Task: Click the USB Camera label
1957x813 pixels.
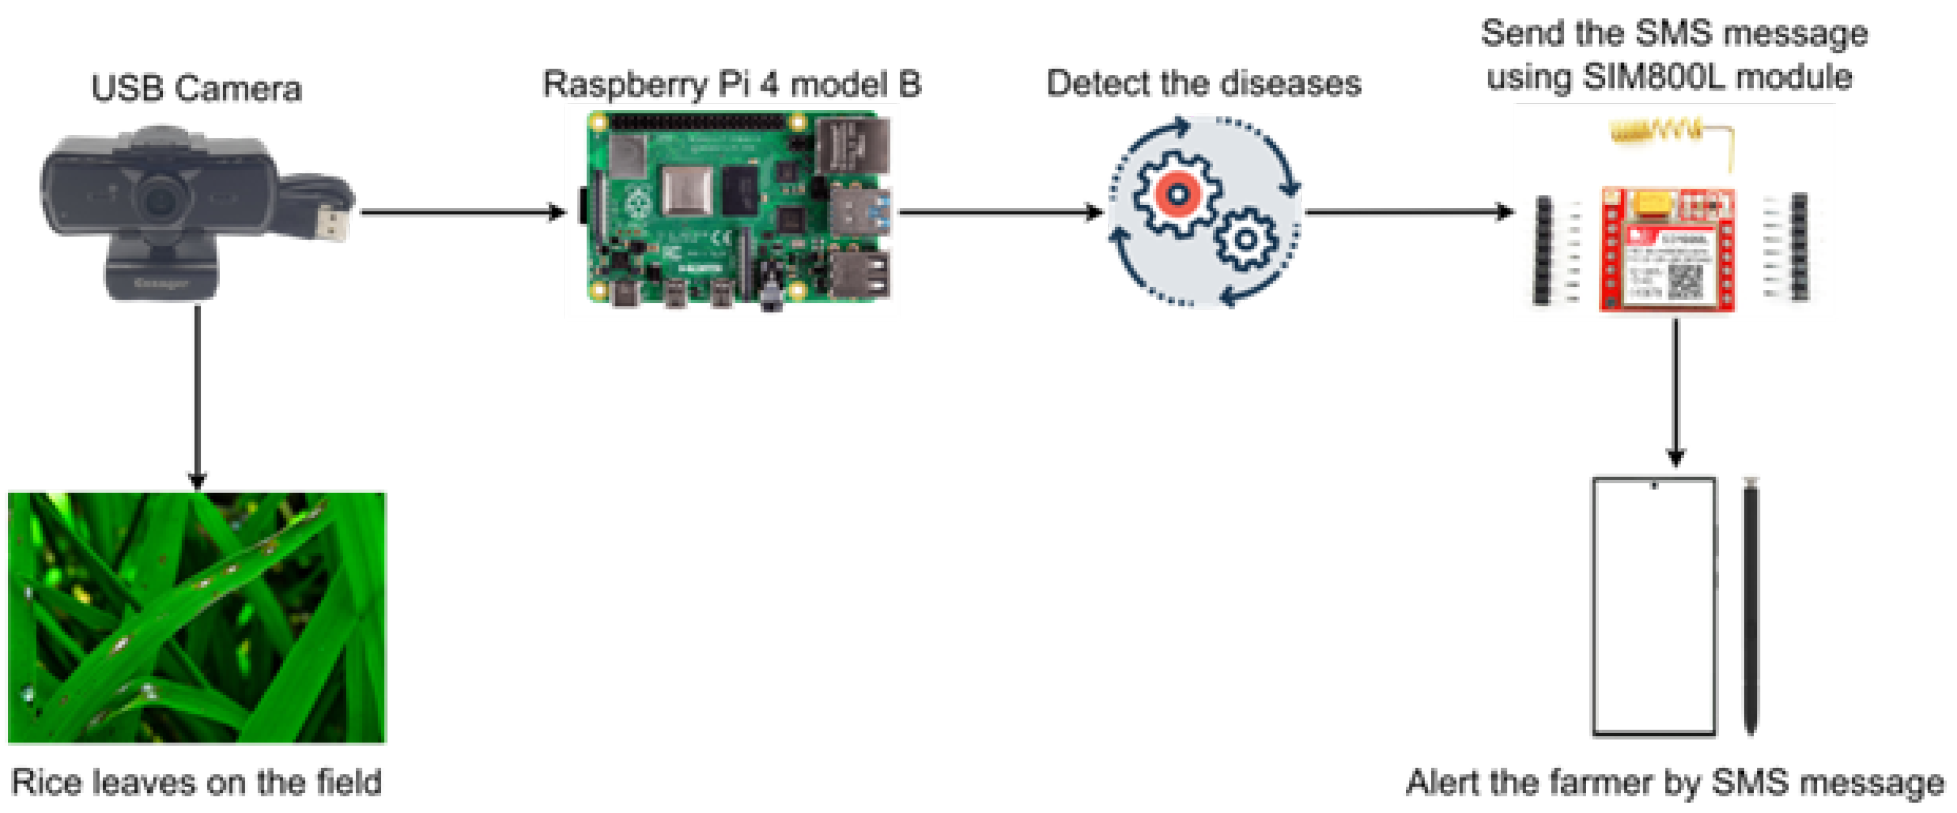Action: click(196, 88)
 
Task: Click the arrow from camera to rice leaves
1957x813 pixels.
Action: click(198, 395)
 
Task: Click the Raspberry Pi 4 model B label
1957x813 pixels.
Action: click(731, 84)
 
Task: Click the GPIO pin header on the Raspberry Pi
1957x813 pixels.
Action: click(697, 121)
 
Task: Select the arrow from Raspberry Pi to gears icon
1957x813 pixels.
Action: click(999, 212)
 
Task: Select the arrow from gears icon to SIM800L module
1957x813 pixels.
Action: click(1409, 212)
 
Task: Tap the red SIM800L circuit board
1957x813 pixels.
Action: click(1667, 251)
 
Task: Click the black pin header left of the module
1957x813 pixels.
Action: click(1542, 249)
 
